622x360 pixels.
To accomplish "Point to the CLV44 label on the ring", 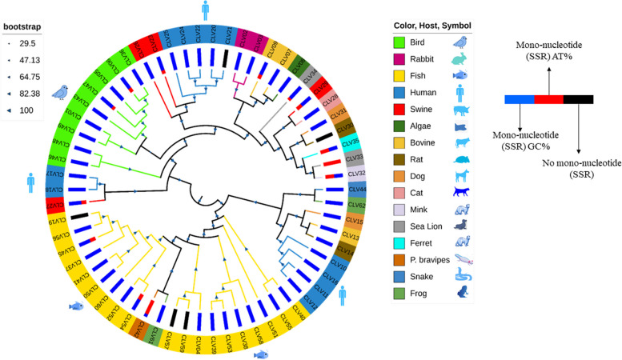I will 359,190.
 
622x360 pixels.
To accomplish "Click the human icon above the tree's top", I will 205,10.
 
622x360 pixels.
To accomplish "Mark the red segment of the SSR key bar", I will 548,99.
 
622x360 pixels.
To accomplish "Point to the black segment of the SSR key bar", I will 578,99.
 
